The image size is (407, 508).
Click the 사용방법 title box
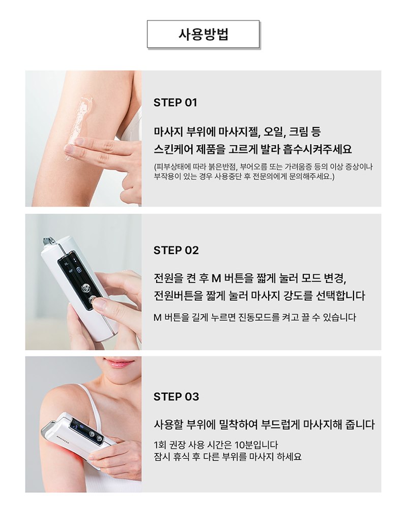click(x=203, y=34)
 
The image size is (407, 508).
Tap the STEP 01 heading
click(x=175, y=103)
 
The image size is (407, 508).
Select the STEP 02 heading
click(x=176, y=250)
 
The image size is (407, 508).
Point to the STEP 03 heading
click(x=176, y=397)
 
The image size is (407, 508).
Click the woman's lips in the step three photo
click(x=117, y=363)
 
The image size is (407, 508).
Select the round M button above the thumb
click(x=85, y=288)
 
